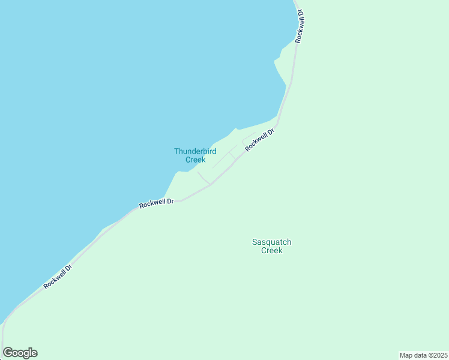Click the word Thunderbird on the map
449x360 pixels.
pos(195,151)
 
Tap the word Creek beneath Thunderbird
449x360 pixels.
pos(195,160)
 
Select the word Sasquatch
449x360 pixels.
pos(271,242)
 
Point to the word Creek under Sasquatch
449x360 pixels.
pos(271,251)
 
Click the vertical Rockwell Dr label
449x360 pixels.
pos(300,26)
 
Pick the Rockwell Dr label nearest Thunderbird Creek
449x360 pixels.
pos(259,140)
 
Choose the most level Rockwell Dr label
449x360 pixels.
pos(156,203)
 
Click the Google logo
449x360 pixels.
pos(20,353)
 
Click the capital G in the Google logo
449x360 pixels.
pos(8,352)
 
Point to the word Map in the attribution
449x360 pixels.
pos(406,355)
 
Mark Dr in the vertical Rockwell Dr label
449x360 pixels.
pos(301,13)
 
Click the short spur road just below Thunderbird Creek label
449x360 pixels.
pos(203,178)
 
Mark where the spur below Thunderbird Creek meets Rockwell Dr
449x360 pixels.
pos(209,184)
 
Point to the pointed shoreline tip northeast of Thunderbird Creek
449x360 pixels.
pos(235,127)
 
